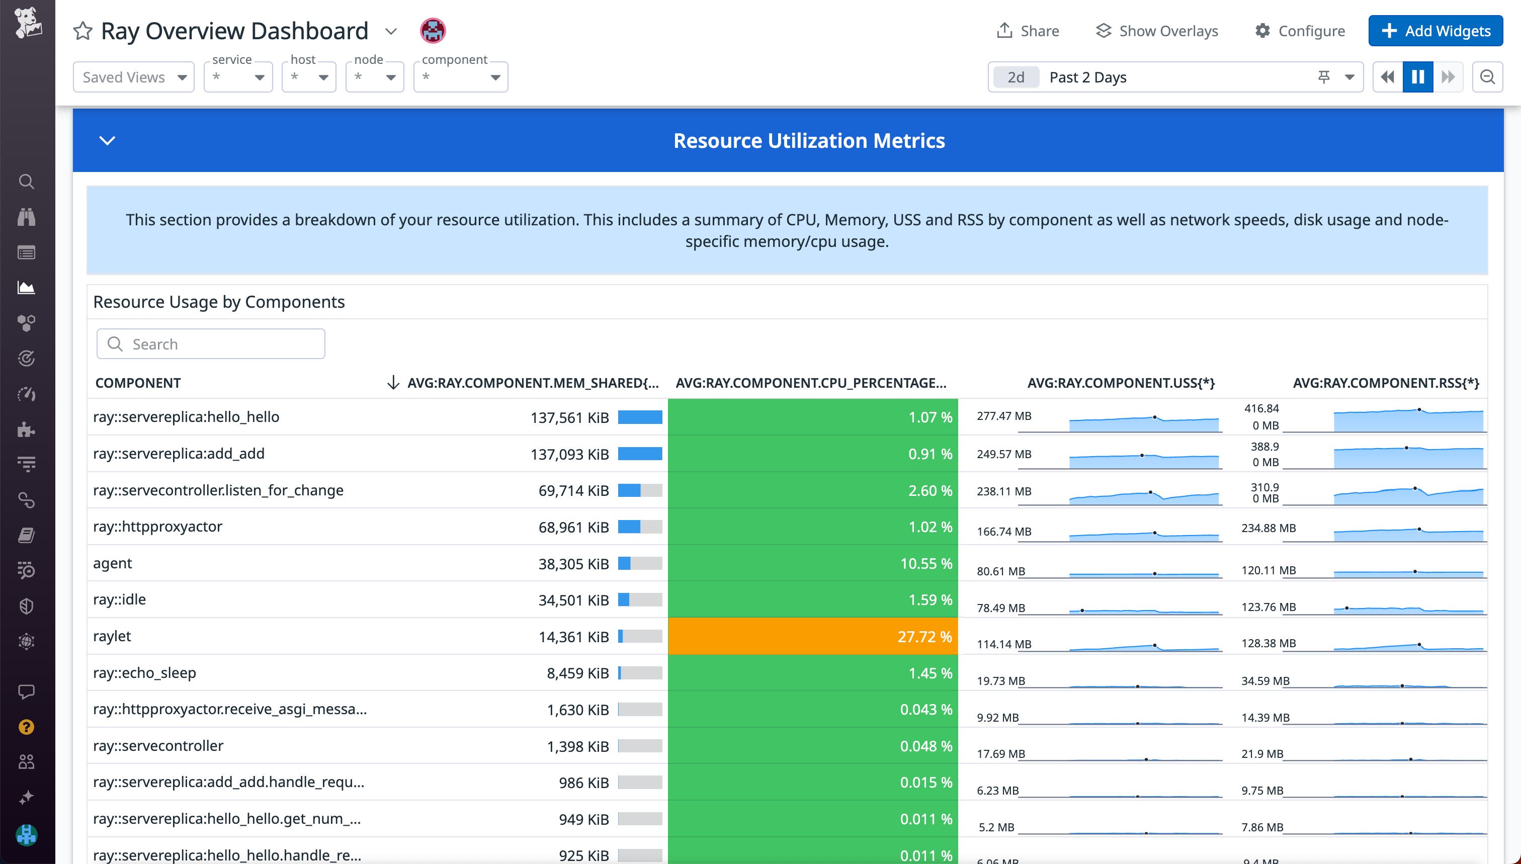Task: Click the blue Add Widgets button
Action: pos(1435,31)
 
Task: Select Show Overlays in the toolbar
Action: pos(1157,31)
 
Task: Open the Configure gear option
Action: pos(1300,31)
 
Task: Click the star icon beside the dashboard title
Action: pos(83,31)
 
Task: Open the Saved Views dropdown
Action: pos(133,77)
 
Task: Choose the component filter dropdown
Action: pos(461,77)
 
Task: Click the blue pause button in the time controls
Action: pos(1417,77)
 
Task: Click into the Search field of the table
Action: pos(211,344)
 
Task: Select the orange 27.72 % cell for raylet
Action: pos(812,636)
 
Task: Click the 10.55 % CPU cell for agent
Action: pos(812,563)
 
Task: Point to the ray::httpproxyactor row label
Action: pos(158,527)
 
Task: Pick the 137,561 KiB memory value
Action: pos(569,418)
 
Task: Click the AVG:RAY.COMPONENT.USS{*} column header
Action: pos(1121,383)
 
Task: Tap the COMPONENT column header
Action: pos(138,383)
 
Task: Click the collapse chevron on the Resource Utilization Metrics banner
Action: pos(107,141)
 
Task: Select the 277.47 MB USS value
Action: pos(1003,416)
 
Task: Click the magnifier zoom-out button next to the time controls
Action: pos(1487,77)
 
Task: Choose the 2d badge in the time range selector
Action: pos(1016,77)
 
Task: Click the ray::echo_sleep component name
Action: pos(144,672)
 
